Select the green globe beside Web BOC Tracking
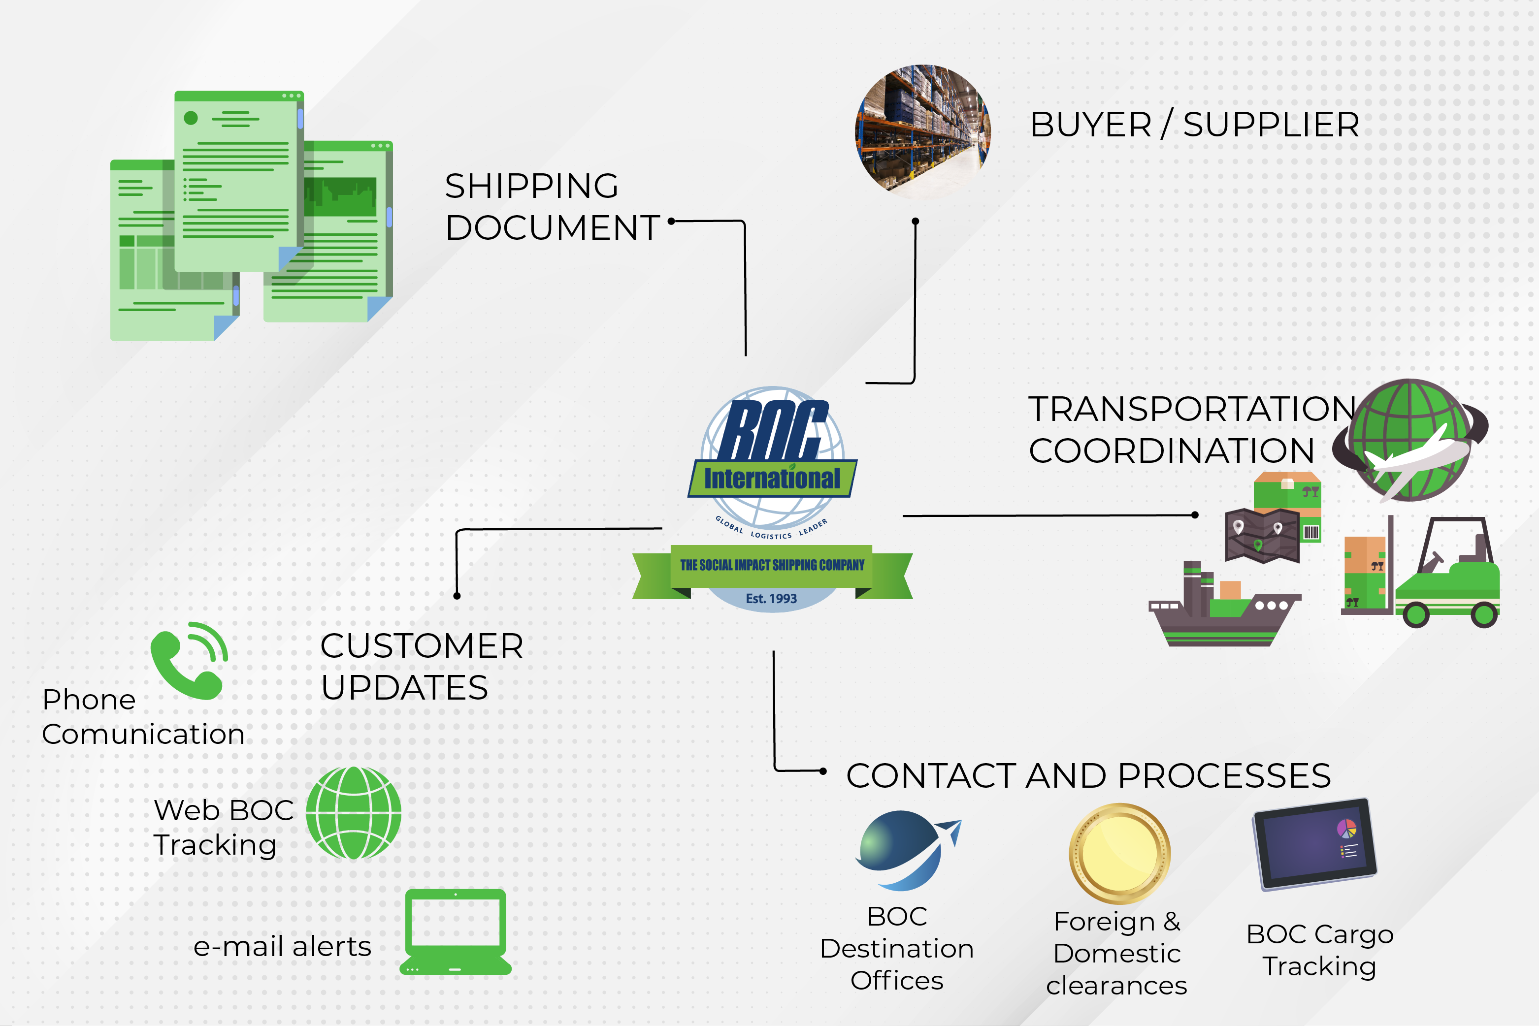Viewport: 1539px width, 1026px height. (354, 813)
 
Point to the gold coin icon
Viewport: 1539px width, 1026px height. (1119, 853)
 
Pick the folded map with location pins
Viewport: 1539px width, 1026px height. (1261, 535)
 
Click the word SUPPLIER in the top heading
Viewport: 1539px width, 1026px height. (1271, 125)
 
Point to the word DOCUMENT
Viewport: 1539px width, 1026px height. (553, 228)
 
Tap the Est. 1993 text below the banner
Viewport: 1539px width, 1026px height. (771, 598)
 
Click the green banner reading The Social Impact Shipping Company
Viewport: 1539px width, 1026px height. (772, 565)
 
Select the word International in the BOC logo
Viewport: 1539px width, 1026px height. (772, 479)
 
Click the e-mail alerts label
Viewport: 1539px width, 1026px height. (282, 947)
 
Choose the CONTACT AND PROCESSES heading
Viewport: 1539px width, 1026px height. (1088, 775)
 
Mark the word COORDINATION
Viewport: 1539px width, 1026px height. (1171, 451)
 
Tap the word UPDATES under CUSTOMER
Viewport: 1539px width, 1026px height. (404, 688)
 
